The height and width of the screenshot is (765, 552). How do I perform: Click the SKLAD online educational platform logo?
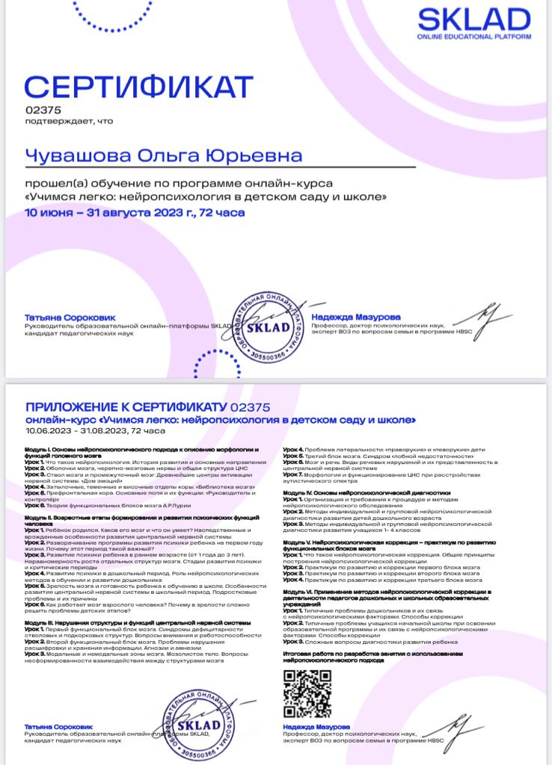pos(473,23)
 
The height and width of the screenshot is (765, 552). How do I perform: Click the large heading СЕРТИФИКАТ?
pos(139,87)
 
